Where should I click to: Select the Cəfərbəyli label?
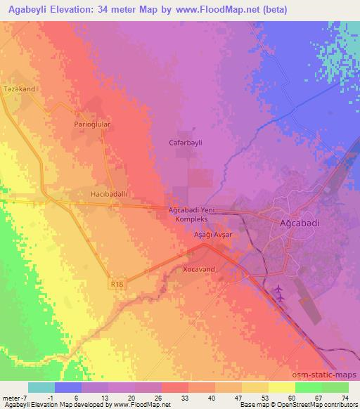click(x=186, y=142)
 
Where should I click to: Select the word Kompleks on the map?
click(x=193, y=219)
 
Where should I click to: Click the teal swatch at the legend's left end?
click(x=41, y=387)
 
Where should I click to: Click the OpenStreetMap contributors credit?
click(x=323, y=405)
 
